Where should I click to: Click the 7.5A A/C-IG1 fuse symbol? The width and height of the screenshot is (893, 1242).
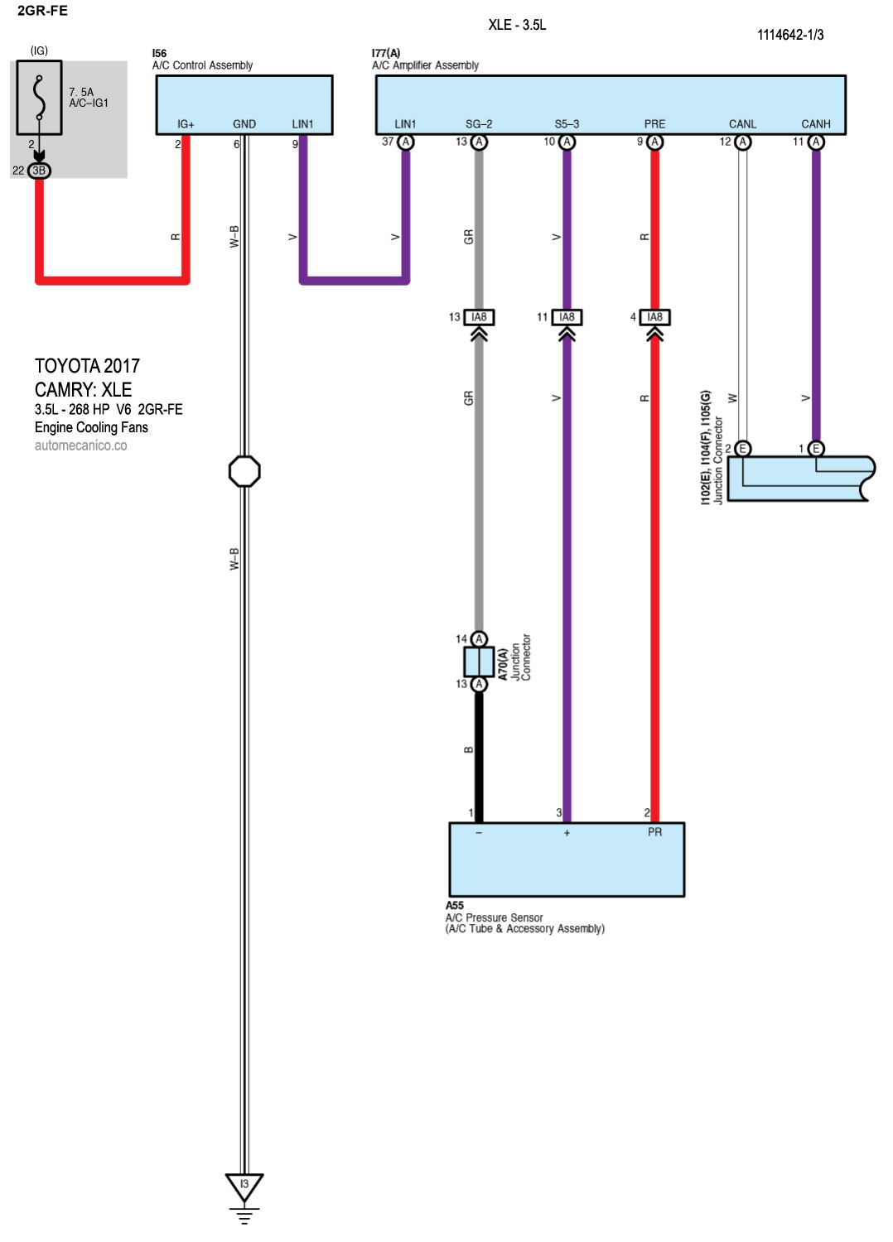(39, 97)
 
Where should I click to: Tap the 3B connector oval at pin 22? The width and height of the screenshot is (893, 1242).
(39, 171)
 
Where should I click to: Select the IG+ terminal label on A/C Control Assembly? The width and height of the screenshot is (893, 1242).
(186, 124)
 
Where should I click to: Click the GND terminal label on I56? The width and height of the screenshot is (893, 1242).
(244, 124)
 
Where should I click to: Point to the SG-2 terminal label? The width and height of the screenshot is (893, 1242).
(479, 124)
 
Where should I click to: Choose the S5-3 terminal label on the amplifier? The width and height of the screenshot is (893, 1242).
(567, 124)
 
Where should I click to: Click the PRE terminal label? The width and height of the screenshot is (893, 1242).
(654, 124)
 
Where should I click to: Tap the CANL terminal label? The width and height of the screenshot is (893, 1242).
(742, 124)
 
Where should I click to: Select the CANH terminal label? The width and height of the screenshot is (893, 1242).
(815, 124)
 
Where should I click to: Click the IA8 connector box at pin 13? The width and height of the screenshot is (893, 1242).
(479, 317)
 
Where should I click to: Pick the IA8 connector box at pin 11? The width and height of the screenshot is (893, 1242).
(567, 317)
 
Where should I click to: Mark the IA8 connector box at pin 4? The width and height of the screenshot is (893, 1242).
(654, 317)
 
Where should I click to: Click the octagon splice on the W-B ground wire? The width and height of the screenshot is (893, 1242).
(244, 471)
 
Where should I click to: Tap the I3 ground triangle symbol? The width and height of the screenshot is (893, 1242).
(244, 1187)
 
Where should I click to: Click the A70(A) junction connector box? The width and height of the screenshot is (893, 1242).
(479, 662)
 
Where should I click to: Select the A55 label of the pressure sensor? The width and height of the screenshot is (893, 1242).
(455, 905)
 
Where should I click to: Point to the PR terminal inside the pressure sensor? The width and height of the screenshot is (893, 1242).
(654, 832)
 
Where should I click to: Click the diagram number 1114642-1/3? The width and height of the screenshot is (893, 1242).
(790, 35)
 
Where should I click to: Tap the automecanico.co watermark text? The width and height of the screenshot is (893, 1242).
(80, 445)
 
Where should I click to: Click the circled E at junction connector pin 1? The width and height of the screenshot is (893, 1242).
(816, 449)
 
